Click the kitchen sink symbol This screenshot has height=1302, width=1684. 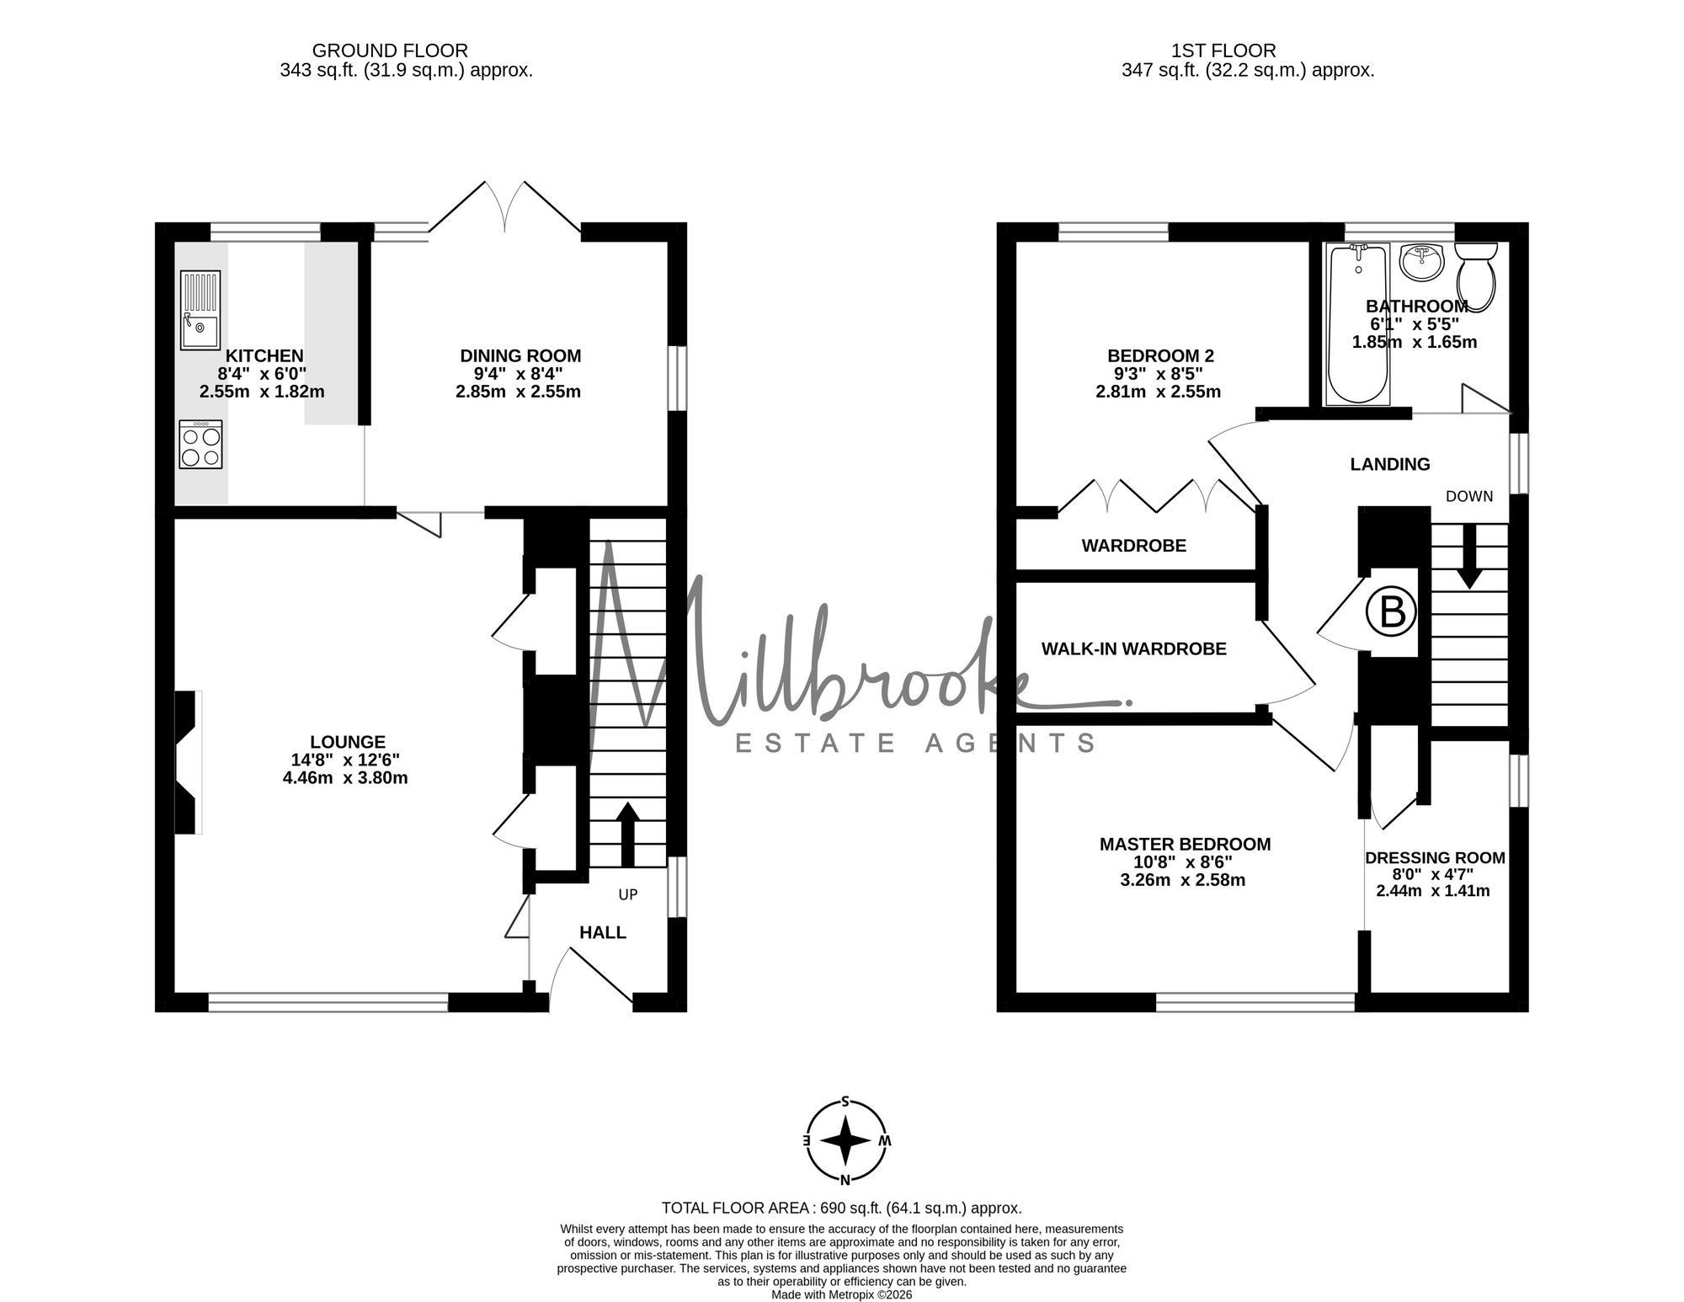click(x=200, y=310)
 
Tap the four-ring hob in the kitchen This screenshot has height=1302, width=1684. click(x=201, y=444)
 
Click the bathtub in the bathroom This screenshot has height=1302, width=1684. click(x=1357, y=324)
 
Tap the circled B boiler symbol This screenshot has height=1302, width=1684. click(x=1392, y=612)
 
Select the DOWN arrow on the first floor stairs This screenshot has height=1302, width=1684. click(x=1470, y=557)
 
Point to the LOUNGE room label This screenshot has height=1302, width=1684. click(x=348, y=742)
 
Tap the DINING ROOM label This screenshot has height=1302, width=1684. click(x=520, y=356)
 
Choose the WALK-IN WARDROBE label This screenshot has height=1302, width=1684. click(x=1133, y=648)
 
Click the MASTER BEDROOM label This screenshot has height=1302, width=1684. click(x=1186, y=844)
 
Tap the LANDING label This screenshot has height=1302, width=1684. click(x=1390, y=464)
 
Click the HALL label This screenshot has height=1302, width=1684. click(x=603, y=932)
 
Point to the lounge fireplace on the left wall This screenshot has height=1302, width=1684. click(x=189, y=762)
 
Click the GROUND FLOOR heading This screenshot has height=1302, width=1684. click(x=390, y=51)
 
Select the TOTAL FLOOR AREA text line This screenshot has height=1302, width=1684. click(x=842, y=1208)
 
